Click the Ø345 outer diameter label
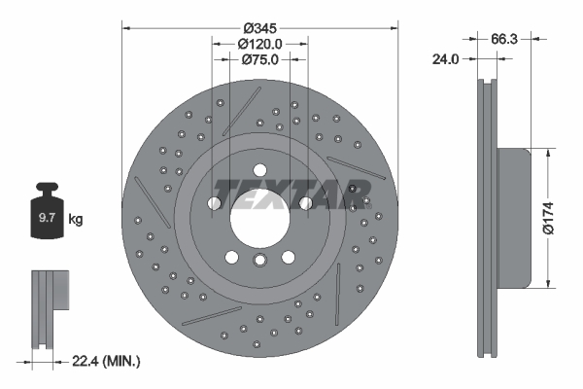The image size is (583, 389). (260, 25)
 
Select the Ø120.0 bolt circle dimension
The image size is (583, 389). (260, 44)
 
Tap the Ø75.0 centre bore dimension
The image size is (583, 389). (260, 60)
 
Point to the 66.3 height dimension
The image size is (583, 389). (502, 40)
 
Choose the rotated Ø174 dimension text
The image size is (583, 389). (550, 219)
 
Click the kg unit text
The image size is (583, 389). (76, 220)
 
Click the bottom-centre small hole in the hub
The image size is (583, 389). (259, 260)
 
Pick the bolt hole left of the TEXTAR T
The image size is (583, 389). (214, 203)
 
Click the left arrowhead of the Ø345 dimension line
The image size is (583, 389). (126, 27)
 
